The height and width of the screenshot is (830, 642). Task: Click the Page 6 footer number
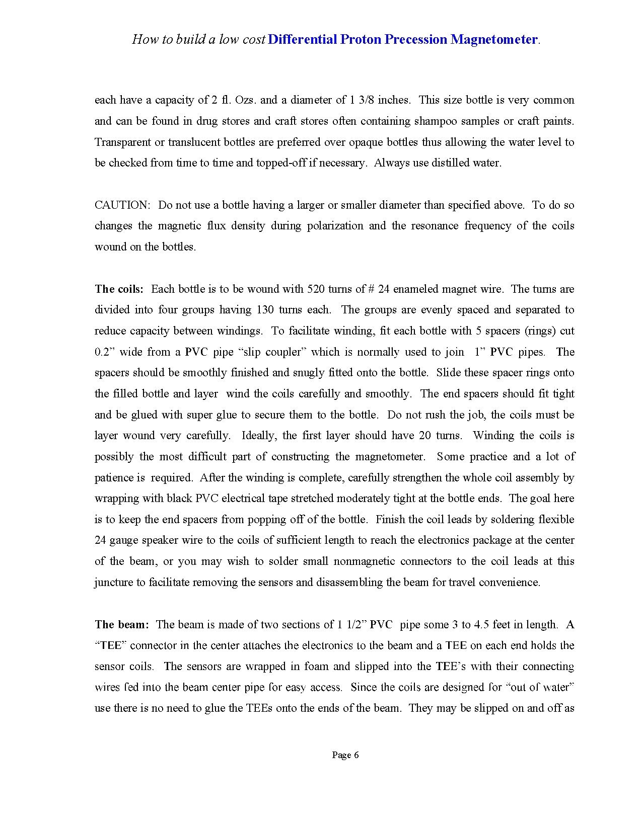click(345, 755)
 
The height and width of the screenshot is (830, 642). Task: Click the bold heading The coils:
click(119, 289)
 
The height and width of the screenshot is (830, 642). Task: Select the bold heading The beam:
click(122, 624)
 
